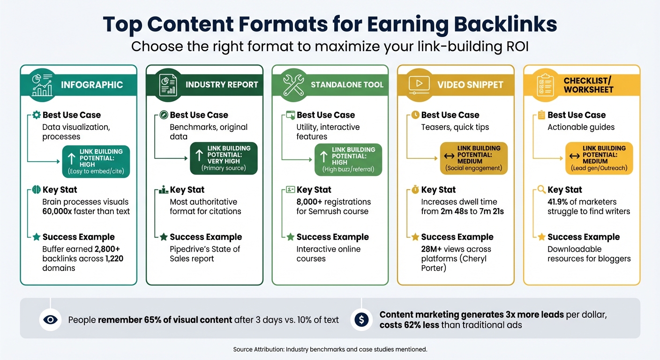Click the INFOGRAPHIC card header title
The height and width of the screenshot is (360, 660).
[92, 85]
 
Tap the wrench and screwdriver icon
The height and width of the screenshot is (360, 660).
[293, 84]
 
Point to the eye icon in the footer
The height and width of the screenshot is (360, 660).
[50, 320]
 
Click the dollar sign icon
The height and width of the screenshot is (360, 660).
[361, 320]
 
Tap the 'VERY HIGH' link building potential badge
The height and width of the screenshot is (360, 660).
[224, 158]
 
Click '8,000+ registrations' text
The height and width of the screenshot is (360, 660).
[333, 202]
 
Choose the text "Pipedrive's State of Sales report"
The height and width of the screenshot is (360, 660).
[205, 254]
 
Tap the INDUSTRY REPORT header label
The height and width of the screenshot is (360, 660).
[222, 85]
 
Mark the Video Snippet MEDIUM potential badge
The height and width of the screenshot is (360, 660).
[473, 158]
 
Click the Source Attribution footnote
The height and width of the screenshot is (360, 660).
[330, 349]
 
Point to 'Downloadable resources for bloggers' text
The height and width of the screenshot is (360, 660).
[589, 254]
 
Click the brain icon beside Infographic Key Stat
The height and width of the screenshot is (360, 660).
[36, 190]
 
